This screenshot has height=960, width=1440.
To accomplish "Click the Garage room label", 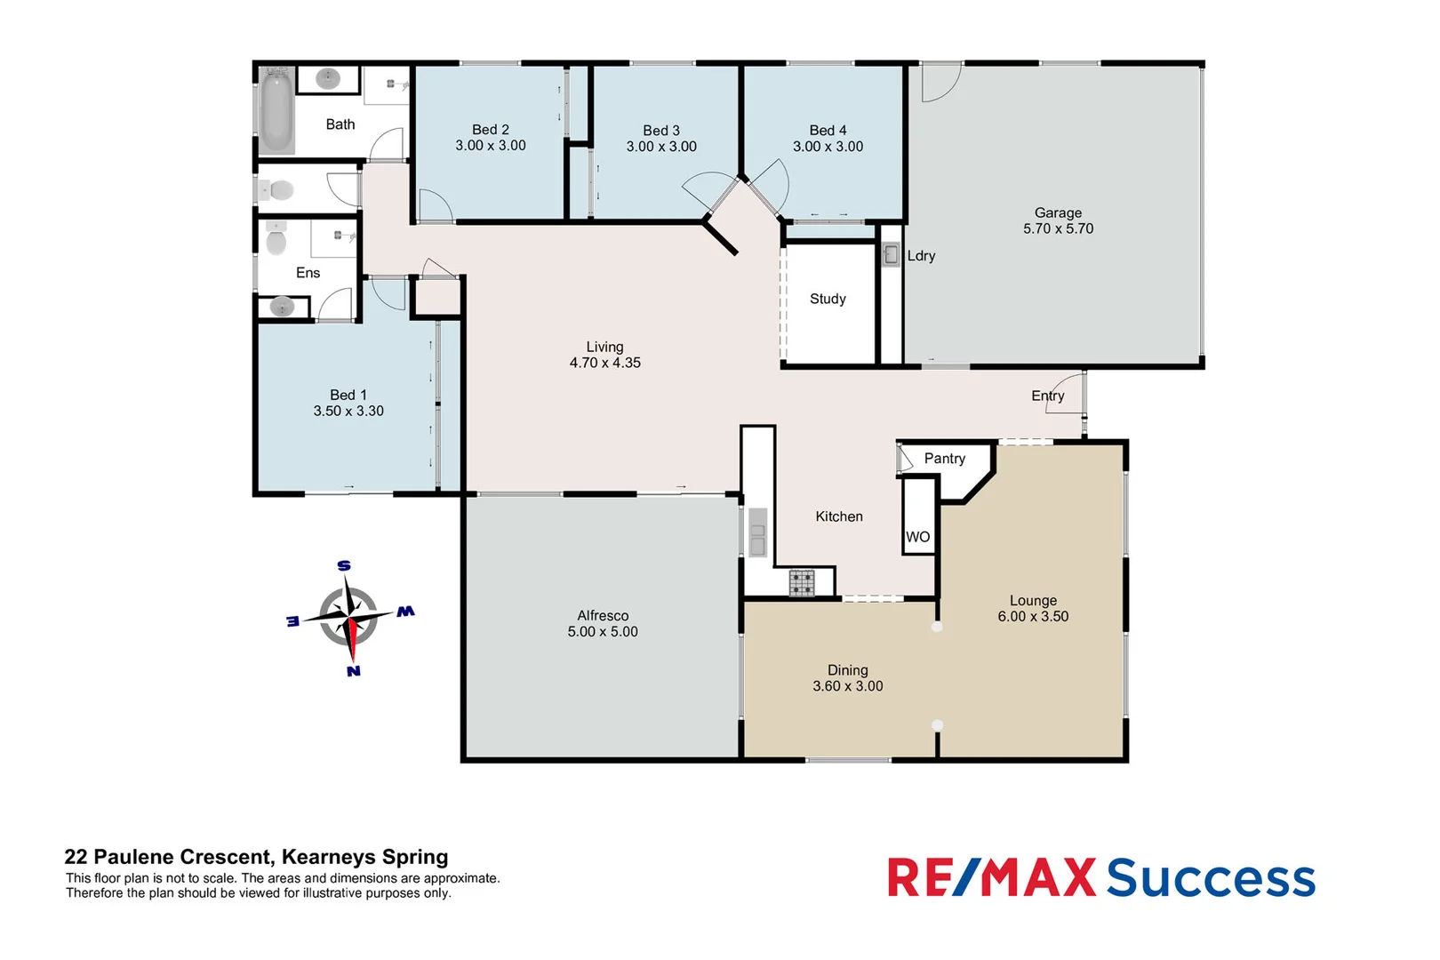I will coord(1058,212).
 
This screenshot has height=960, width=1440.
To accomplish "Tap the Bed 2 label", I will coord(491,130).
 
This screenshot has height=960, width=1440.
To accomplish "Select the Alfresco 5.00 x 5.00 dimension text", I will coord(603,632).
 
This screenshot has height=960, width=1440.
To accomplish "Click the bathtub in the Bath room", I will coord(276,113).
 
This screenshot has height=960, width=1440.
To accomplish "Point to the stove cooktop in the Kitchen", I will coord(802,583).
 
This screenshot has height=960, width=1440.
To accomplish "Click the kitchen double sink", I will coord(757,532).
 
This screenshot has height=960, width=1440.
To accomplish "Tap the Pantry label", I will coord(944,459).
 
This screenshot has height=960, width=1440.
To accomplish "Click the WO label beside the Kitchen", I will coord(917,537).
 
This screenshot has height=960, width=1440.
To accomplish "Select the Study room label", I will coord(828,299).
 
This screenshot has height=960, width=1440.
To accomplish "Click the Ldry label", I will coord(921,256).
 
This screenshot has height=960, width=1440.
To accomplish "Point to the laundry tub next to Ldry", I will coord(891,255).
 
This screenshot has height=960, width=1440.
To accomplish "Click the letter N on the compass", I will coord(354,671).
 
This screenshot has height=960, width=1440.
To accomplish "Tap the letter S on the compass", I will coord(344,566).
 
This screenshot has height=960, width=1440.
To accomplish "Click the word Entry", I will coord(1047,396).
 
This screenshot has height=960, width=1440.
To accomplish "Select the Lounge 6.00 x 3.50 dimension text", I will coord(1033,617).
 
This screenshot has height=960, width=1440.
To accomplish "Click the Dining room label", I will coord(847,670).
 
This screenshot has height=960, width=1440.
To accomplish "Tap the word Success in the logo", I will coord(1211,878).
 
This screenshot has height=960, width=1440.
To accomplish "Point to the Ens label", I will coord(308,273).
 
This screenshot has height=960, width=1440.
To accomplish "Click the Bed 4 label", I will coord(828,131).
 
